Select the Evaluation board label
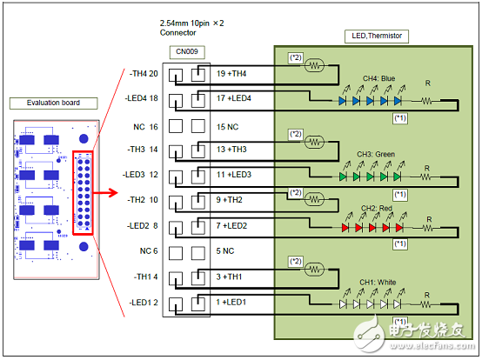tap(46, 103)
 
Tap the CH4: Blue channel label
tap(376, 79)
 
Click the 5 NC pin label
tap(225, 252)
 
